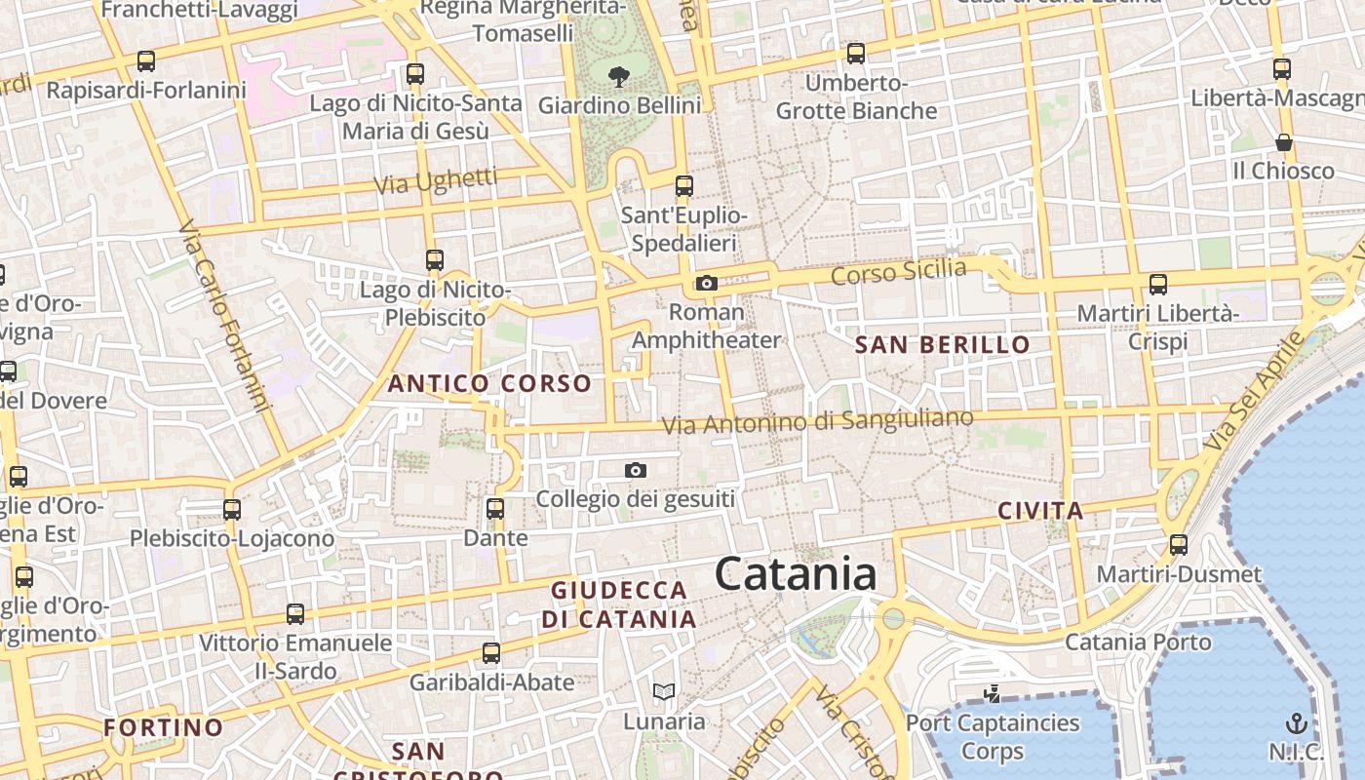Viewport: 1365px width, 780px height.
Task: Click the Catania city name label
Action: (796, 573)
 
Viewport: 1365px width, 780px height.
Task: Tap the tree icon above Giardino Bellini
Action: (618, 76)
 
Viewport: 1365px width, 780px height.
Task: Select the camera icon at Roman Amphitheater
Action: (707, 284)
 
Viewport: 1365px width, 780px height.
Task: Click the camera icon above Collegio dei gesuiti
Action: (636, 471)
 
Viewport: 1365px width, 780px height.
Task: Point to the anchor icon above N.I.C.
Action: (1296, 722)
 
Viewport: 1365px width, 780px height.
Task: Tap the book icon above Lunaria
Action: (664, 692)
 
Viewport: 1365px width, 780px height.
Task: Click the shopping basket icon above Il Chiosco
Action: (1284, 142)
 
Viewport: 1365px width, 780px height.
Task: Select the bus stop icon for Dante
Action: (495, 508)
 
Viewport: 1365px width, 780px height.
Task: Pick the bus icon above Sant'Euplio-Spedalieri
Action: (684, 185)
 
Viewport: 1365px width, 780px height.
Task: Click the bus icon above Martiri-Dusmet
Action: (1179, 545)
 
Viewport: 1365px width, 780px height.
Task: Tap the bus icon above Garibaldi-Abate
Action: (491, 652)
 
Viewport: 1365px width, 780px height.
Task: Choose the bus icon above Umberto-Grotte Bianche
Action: (856, 53)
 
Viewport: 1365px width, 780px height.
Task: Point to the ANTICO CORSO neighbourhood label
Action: (489, 383)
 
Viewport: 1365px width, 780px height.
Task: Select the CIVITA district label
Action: (1040, 511)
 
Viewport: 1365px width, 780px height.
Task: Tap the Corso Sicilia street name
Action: (898, 272)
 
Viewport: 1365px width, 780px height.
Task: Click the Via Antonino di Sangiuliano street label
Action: (817, 422)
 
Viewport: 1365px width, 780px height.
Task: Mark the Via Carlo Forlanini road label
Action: (223, 316)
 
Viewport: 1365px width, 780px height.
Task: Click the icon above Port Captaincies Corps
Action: (993, 694)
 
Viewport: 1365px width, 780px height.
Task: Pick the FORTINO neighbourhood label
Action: (164, 727)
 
